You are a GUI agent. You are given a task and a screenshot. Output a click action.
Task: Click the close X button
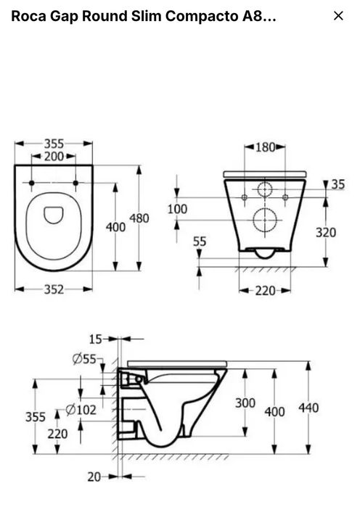338,15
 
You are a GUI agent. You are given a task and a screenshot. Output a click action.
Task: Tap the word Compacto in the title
202,16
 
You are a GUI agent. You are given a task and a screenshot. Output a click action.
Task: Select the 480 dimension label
139,218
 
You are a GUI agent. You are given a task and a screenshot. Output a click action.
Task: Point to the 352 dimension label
54,289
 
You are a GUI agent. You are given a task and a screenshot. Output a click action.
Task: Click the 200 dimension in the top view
54,157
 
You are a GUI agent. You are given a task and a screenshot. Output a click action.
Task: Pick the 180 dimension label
265,147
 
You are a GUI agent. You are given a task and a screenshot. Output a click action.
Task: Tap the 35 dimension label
338,184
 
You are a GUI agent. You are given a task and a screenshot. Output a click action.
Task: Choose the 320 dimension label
326,233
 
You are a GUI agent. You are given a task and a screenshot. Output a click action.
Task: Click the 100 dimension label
177,209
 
